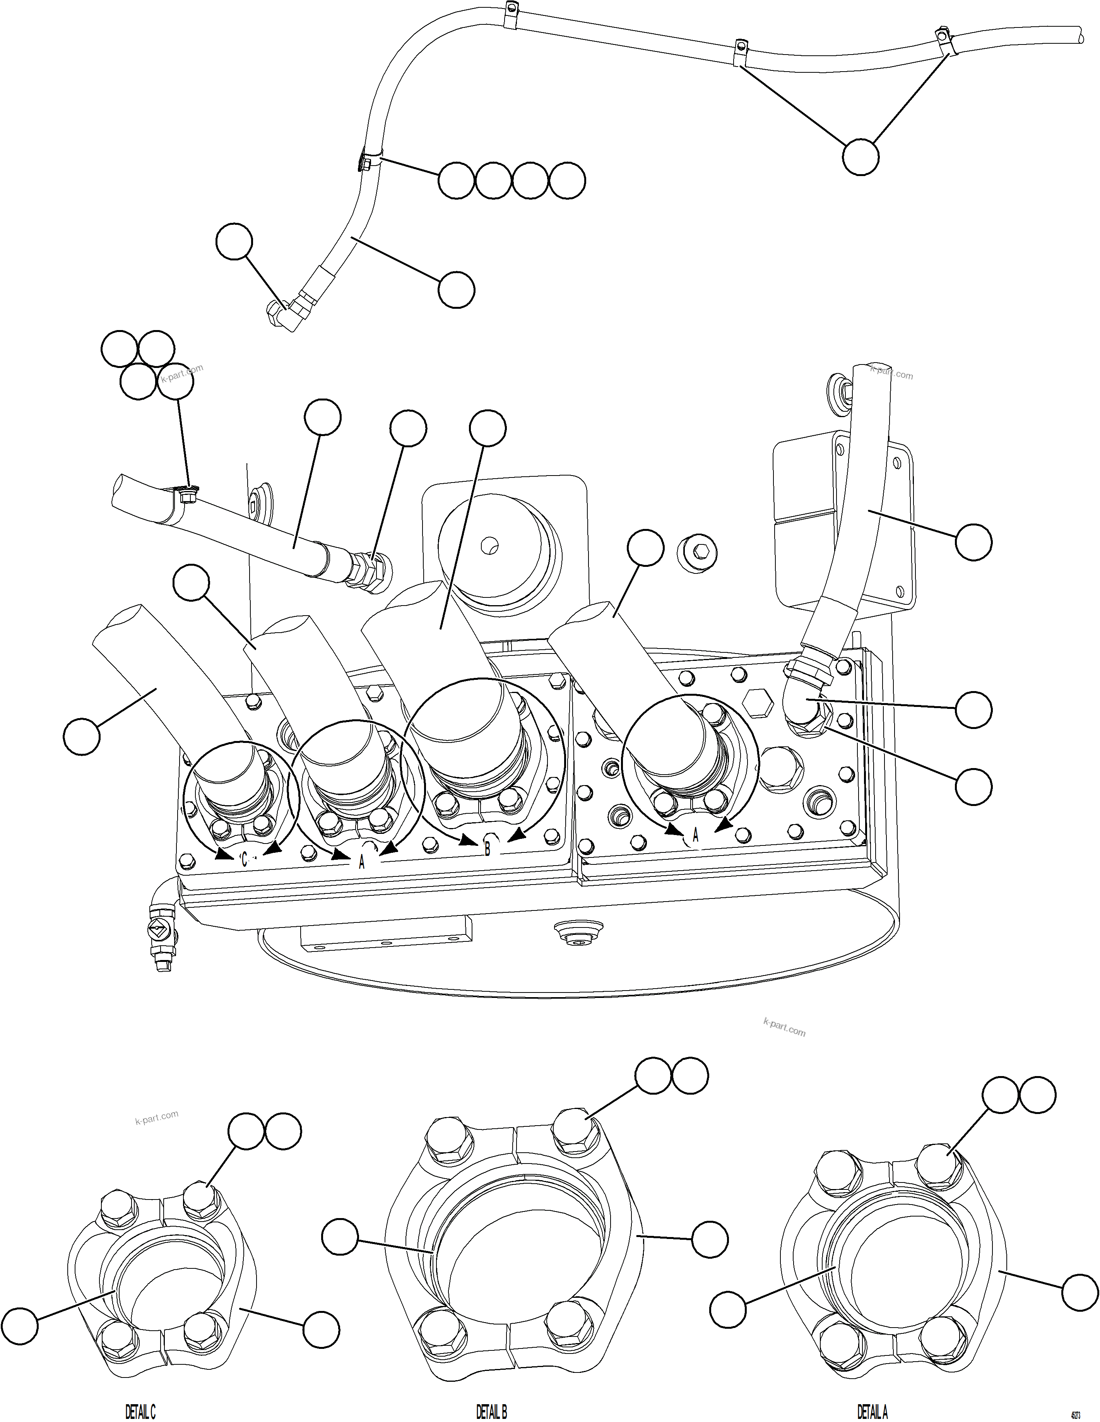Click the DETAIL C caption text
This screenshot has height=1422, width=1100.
[140, 1411]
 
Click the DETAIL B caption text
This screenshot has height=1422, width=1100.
[491, 1411]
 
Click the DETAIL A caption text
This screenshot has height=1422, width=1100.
[872, 1411]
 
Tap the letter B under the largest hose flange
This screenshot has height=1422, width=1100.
[487, 849]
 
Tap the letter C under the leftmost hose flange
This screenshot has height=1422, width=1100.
[244, 859]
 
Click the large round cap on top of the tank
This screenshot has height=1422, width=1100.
[498, 557]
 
